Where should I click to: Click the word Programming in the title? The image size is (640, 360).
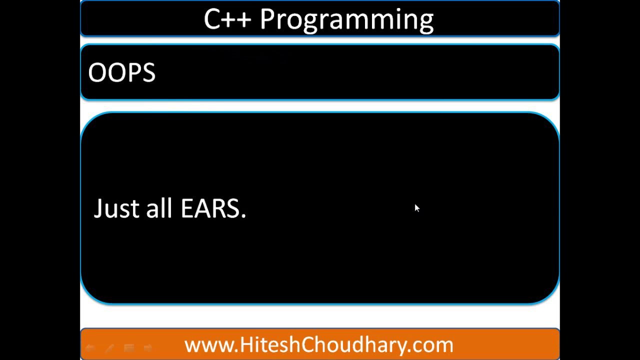pyautogui.click(x=346, y=20)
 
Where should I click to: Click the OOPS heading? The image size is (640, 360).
pyautogui.click(x=121, y=73)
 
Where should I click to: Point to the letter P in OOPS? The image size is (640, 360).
pyautogui.click(x=133, y=73)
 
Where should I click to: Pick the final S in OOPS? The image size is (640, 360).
pyautogui.click(x=148, y=73)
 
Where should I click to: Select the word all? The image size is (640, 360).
pyautogui.click(x=159, y=208)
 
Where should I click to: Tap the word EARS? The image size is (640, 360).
pyautogui.click(x=210, y=208)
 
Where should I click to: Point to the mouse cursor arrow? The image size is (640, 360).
pyautogui.click(x=416, y=207)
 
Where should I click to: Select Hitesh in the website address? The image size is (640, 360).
pyautogui.click(x=266, y=345)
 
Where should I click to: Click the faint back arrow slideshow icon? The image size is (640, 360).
pyautogui.click(x=90, y=347)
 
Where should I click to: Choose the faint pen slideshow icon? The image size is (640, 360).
pyautogui.click(x=109, y=347)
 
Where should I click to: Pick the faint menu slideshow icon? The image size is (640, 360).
pyautogui.click(x=128, y=347)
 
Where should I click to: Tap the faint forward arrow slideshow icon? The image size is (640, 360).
pyautogui.click(x=148, y=347)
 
